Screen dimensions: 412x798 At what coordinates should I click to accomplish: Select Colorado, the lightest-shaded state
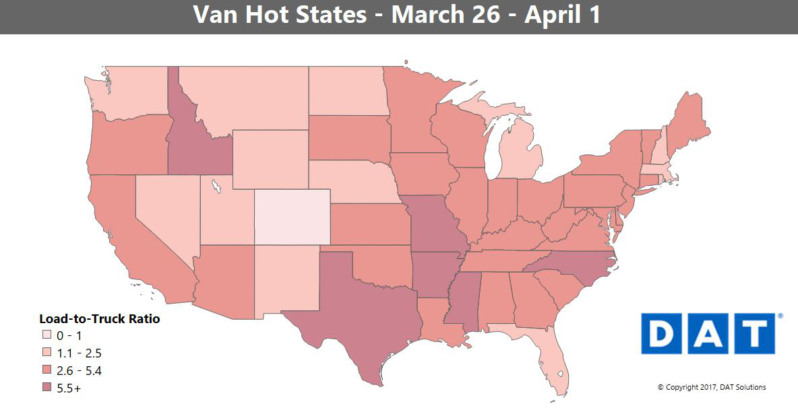pyautogui.click(x=292, y=217)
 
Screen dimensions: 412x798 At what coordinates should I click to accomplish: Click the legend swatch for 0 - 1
pyautogui.click(x=46, y=335)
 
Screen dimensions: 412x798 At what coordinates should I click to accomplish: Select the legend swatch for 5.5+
pyautogui.click(x=46, y=388)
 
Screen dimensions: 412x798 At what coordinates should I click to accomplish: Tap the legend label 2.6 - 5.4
pyautogui.click(x=79, y=371)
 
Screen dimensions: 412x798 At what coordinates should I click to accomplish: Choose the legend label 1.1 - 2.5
pyautogui.click(x=79, y=353)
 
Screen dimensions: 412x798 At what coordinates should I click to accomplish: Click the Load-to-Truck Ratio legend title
pyautogui.click(x=100, y=318)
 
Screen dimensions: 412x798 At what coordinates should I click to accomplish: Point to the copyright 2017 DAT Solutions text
pyautogui.click(x=712, y=387)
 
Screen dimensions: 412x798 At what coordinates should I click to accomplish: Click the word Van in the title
pyautogui.click(x=213, y=15)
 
